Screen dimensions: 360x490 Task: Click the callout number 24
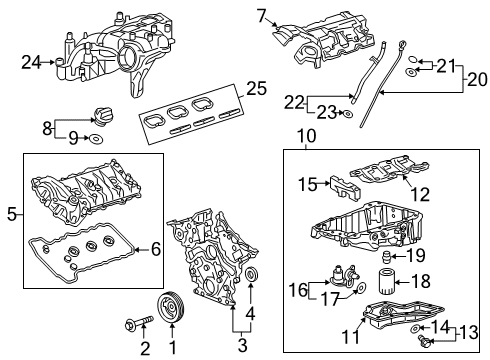pyautogui.click(x=30, y=62)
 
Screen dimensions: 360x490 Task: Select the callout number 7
pyautogui.click(x=262, y=15)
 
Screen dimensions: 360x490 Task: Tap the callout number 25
pyautogui.click(x=257, y=89)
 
